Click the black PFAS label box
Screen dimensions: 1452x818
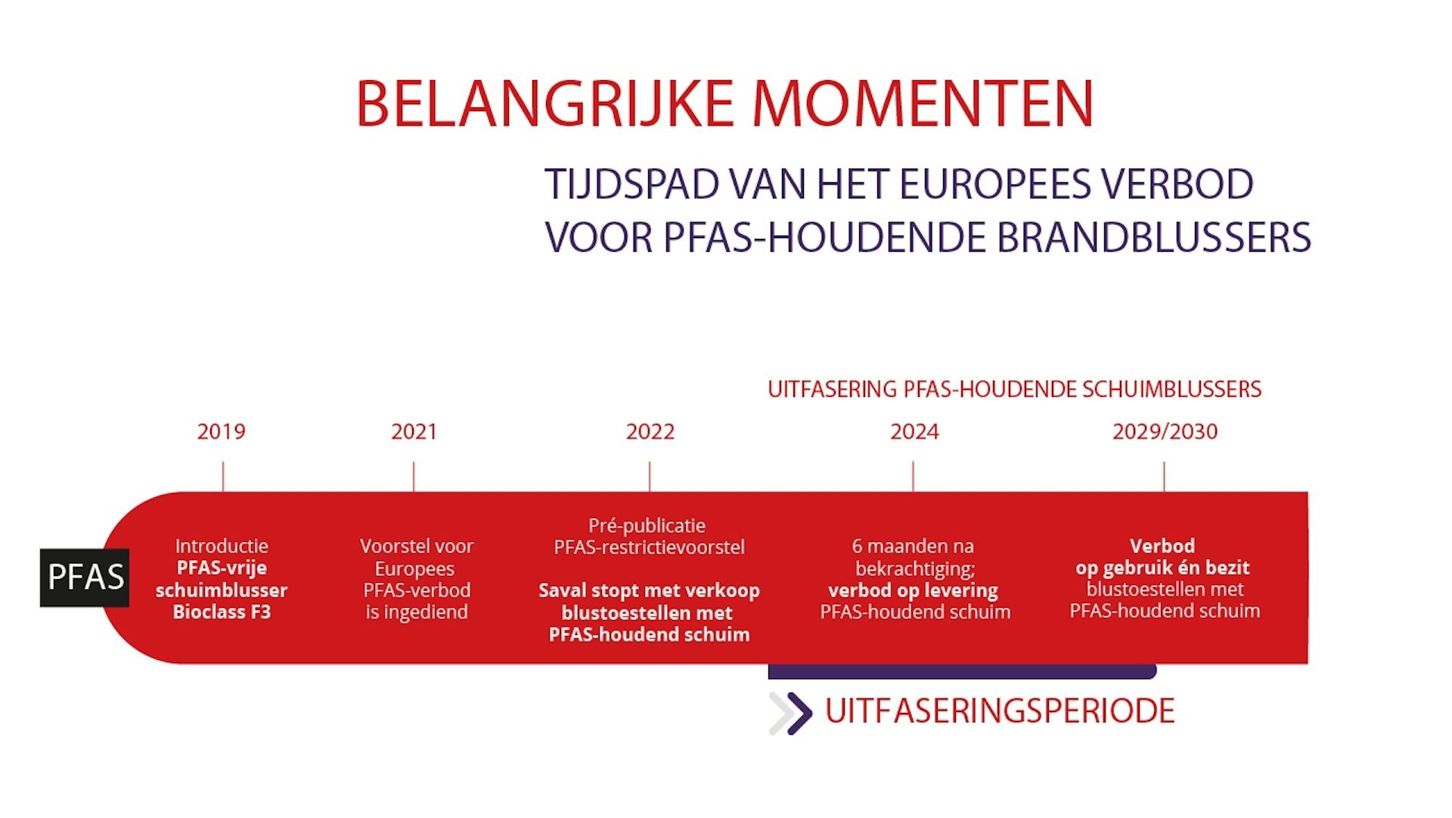point(85,578)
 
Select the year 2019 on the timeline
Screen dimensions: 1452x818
point(222,432)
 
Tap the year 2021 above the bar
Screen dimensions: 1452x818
point(414,432)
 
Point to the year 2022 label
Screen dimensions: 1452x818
point(650,432)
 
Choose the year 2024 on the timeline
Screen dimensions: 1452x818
point(914,432)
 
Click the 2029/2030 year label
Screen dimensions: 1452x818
point(1165,432)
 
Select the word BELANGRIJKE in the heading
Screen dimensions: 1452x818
point(544,104)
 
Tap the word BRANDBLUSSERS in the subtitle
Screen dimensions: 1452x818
point(1154,237)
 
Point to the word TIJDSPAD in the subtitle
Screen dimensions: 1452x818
point(631,184)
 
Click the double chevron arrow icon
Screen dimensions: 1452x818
point(790,713)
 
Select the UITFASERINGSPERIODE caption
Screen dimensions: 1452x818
point(1000,711)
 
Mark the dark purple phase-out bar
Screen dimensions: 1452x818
point(963,671)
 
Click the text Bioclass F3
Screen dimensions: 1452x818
point(222,612)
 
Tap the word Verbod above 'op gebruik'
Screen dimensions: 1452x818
point(1162,546)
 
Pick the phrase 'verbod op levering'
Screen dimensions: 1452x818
point(913,590)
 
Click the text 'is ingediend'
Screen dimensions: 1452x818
point(417,612)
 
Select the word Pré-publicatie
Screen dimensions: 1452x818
point(647,525)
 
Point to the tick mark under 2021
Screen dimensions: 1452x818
point(414,477)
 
